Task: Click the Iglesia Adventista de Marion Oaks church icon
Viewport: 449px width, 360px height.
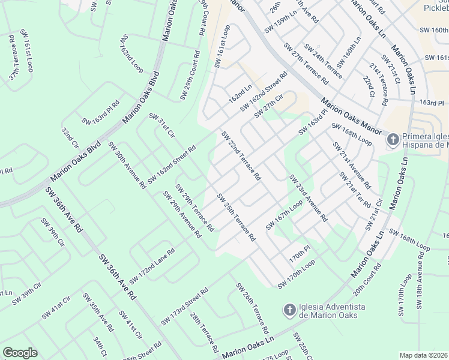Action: tap(289, 310)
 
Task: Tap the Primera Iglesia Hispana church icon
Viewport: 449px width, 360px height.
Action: tap(393, 140)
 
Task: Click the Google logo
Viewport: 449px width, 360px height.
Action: tap(20, 353)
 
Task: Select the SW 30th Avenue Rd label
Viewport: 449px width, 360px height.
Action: tap(127, 165)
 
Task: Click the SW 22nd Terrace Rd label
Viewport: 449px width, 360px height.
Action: tap(241, 157)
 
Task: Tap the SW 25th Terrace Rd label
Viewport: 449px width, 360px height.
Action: tap(236, 217)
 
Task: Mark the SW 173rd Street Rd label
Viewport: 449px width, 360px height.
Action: tap(184, 307)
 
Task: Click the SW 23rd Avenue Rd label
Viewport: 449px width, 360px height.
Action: tap(307, 198)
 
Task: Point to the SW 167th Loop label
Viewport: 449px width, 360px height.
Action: tap(285, 215)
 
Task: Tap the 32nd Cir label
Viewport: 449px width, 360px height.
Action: tap(70, 137)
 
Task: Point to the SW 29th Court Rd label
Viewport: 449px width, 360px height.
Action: tap(189, 75)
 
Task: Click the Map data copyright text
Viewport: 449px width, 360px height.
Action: tap(424, 355)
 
